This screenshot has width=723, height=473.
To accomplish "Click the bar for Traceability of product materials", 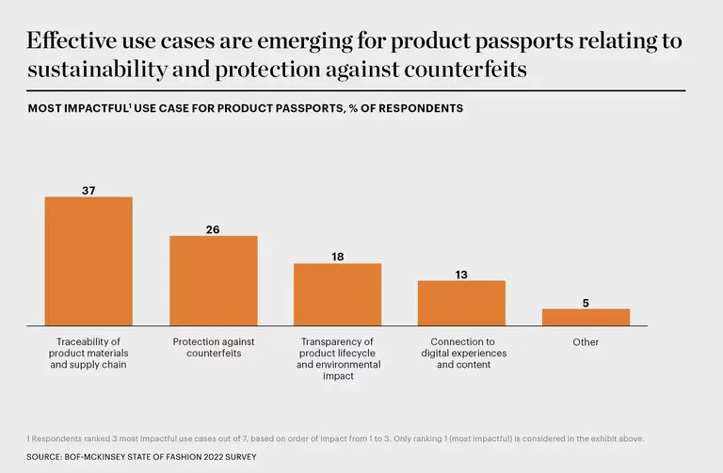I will (x=88, y=260).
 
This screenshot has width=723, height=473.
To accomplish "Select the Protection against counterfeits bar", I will (x=213, y=280).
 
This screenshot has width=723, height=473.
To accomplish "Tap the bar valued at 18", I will (x=337, y=294).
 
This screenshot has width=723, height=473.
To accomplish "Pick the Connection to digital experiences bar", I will (x=461, y=303).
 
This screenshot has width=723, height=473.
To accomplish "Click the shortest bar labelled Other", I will (x=586, y=317).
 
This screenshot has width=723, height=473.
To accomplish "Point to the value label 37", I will (x=88, y=190).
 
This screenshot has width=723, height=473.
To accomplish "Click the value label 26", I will (x=213, y=229).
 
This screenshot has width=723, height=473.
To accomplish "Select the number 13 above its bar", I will (x=461, y=275).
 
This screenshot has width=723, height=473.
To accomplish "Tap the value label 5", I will (x=586, y=303).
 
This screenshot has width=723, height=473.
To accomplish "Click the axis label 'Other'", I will (x=586, y=342).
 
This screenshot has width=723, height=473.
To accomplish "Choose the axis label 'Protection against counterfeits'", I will (x=213, y=348).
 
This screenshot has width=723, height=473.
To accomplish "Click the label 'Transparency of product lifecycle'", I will (x=337, y=354).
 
